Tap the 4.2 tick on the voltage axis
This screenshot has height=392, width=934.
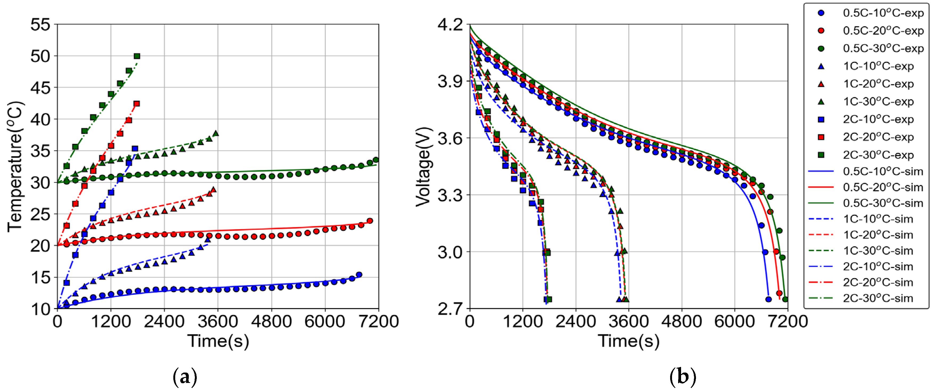(450, 25)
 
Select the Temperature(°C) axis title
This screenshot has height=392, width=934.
(15, 166)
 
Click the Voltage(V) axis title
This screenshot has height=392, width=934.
(424, 167)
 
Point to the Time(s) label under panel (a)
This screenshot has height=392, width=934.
(218, 341)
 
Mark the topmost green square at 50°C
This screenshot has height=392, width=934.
(137, 56)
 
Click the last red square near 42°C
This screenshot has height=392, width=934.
(137, 104)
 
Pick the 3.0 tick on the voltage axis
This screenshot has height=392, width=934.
(450, 252)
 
